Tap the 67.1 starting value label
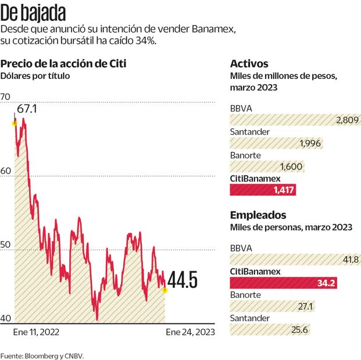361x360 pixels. pos(27,109)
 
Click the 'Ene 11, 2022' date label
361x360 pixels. pos(36,333)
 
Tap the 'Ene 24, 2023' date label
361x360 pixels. pos(190,333)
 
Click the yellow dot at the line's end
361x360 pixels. pos(165,290)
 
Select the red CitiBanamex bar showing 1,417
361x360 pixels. pos(267,189)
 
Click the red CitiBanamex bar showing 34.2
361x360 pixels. pos(283,283)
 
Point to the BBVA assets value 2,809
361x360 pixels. pos(347,120)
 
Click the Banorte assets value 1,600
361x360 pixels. pos(292,167)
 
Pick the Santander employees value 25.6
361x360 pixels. pos(300,330)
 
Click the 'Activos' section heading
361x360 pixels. pos(249,64)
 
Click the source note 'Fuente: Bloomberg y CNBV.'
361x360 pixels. pos(42,355)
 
